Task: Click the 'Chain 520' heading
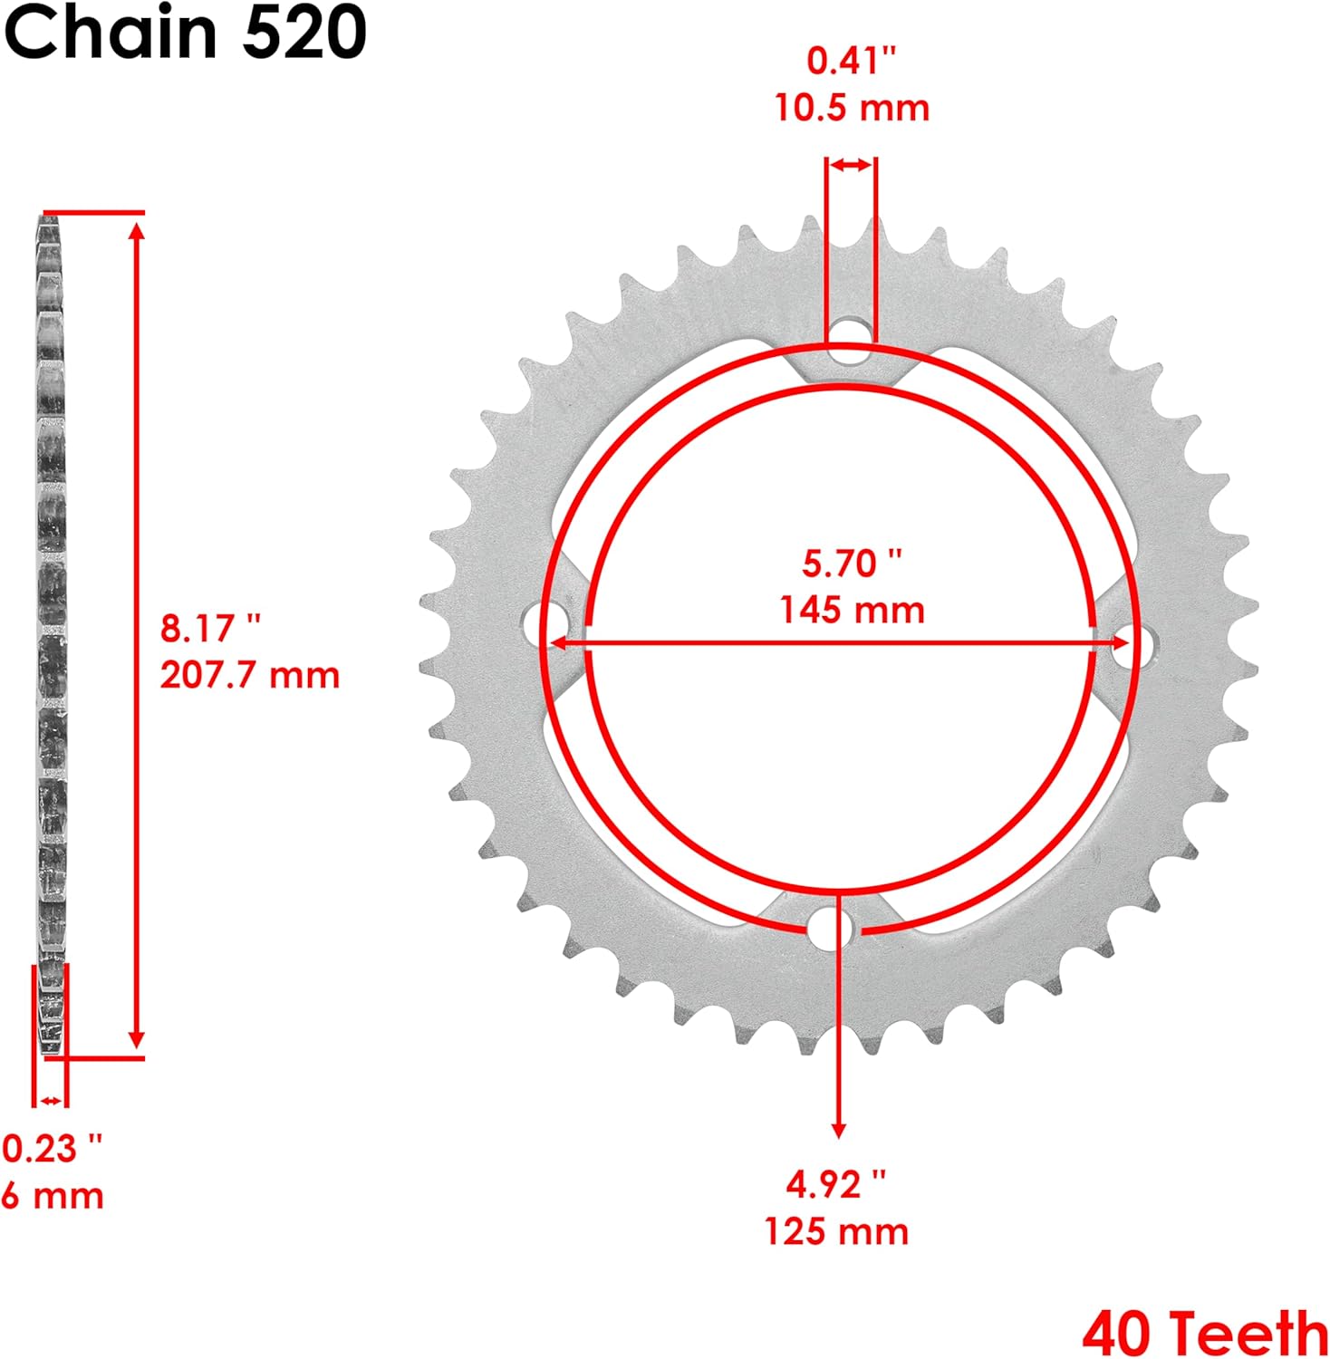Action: [x=185, y=33]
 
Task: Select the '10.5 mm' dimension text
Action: [x=852, y=108]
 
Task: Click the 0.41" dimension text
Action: [x=851, y=61]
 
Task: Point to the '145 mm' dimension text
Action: [x=852, y=610]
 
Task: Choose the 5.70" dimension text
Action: [x=852, y=564]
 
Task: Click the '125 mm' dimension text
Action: [x=836, y=1231]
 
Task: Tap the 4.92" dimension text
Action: [x=835, y=1184]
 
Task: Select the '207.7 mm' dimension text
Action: [x=250, y=675]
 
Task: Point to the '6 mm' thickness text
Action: [x=53, y=1196]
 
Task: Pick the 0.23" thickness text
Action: [x=52, y=1149]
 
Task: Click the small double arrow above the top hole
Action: [x=851, y=165]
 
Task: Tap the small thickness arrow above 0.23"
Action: [x=51, y=1101]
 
